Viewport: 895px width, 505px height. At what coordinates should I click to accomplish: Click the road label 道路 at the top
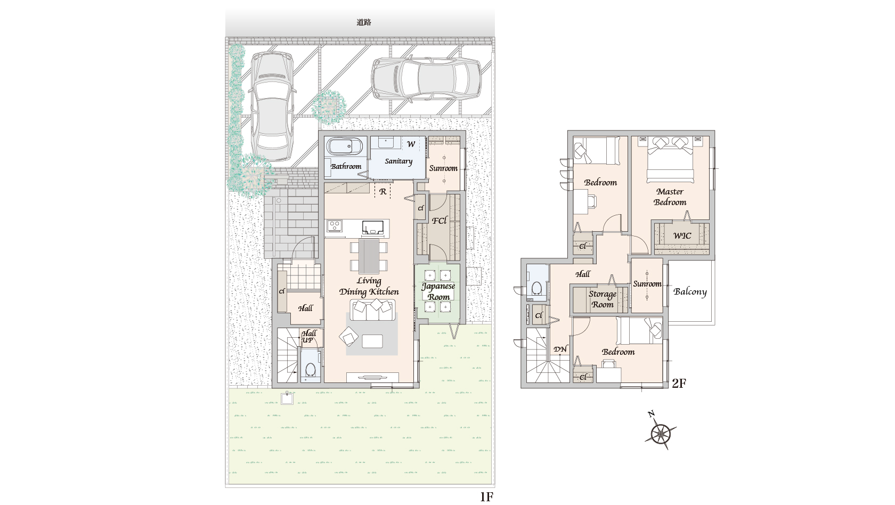pos(363,22)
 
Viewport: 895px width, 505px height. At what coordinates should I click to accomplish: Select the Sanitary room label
pos(398,161)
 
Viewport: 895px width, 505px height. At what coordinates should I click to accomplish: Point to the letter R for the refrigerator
pos(383,192)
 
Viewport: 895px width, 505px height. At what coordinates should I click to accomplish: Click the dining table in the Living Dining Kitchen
pos(369,256)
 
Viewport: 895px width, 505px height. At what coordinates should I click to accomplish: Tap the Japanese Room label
pos(438,291)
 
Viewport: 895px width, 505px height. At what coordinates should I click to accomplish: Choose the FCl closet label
pos(439,221)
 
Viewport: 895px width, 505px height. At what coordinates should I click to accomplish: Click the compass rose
pos(661,433)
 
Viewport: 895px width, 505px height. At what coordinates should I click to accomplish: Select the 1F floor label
pos(486,496)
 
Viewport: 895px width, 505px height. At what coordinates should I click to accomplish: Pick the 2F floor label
pos(679,383)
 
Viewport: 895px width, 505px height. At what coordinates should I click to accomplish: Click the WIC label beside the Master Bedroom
pos(682,235)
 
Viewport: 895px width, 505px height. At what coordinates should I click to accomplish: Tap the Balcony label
pos(690,292)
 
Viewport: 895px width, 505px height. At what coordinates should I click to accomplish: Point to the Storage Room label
pos(602,299)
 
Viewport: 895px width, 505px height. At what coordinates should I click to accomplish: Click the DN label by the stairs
pos(560,349)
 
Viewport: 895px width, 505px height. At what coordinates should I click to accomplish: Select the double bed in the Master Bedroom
pos(670,159)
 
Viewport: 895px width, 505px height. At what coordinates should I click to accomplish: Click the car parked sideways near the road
pos(426,79)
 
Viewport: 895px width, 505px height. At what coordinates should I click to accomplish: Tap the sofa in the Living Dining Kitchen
pos(372,310)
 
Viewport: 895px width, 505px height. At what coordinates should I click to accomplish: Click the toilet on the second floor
pos(536,288)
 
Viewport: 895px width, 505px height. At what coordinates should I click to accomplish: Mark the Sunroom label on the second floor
pos(647,284)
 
